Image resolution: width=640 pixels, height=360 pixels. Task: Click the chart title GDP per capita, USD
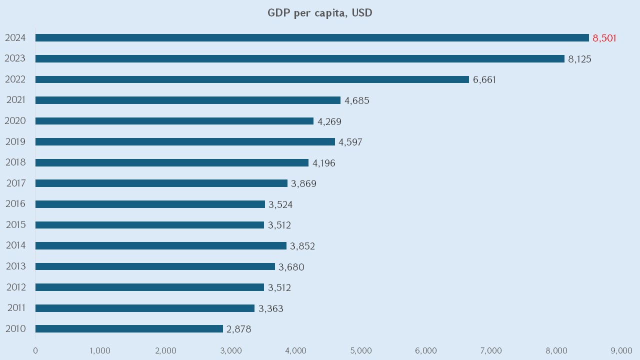tap(320, 13)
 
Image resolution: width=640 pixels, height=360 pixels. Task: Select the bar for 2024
tap(312, 38)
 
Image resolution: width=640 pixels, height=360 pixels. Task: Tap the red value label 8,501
tap(604, 38)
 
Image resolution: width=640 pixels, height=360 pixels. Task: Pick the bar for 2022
tap(252, 79)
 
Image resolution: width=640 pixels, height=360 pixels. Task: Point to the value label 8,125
tap(579, 59)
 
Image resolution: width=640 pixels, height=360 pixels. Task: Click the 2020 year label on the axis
tap(15, 121)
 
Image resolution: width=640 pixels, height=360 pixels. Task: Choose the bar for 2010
tap(129, 328)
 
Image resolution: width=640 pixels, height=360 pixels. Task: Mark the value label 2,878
tap(238, 329)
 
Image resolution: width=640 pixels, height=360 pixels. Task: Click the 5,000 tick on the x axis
tap(361, 350)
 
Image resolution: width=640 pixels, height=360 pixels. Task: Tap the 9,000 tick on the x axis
tap(621, 350)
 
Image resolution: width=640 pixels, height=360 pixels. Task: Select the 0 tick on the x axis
tap(35, 350)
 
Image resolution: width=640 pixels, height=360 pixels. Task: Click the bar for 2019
tap(185, 142)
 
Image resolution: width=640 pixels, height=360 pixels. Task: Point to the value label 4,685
tap(356, 100)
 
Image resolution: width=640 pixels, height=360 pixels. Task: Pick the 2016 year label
tap(15, 204)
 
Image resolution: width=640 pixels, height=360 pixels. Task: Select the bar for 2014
tap(161, 245)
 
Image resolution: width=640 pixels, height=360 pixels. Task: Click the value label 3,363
tap(270, 308)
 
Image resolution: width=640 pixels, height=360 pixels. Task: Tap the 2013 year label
tap(15, 266)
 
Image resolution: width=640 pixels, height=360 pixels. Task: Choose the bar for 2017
tap(161, 183)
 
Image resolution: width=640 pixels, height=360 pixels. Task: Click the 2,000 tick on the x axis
tap(166, 350)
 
